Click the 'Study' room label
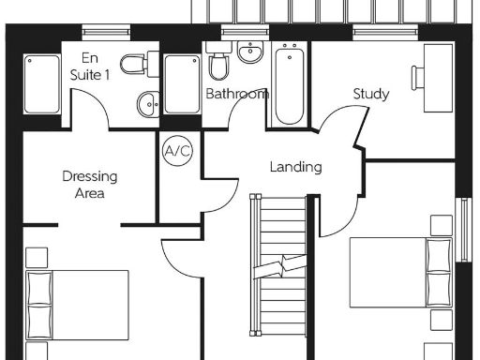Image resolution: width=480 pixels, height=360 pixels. [x=371, y=94]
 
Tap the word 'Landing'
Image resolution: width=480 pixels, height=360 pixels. [x=295, y=167]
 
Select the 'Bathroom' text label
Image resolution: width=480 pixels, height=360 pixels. [x=237, y=94]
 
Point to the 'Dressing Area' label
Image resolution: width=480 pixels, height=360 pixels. [x=83, y=185]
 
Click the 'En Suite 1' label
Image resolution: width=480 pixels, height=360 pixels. [x=90, y=67]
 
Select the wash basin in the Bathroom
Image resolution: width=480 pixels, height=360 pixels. [x=249, y=53]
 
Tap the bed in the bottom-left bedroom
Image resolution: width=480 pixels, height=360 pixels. [x=79, y=305]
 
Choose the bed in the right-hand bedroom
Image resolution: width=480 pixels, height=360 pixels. [x=403, y=272]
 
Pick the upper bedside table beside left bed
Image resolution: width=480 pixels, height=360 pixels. [x=37, y=257]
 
